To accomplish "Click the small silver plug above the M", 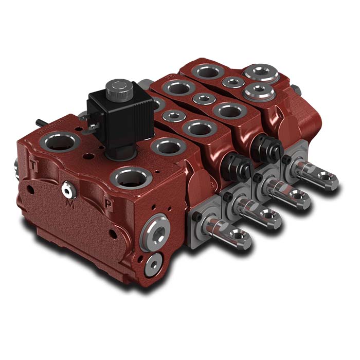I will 67,190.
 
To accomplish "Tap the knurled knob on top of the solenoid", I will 119,88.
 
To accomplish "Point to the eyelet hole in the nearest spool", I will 240,236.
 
